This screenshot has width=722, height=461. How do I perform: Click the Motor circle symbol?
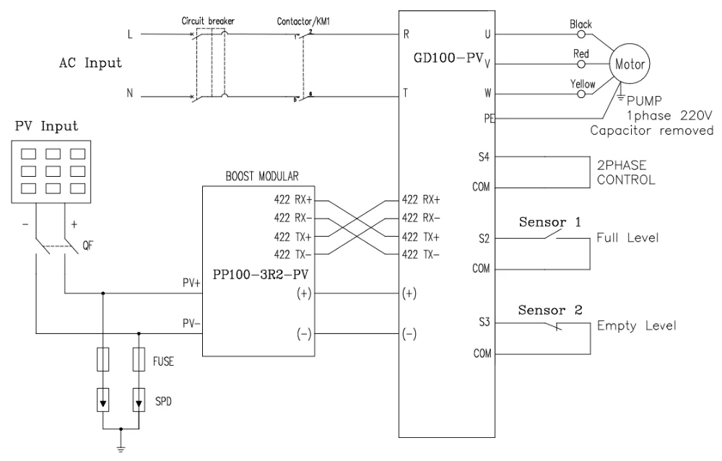[630, 63]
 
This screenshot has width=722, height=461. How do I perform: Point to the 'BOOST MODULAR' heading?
[258, 175]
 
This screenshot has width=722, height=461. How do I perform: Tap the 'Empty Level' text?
[636, 325]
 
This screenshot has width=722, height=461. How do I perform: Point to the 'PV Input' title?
[45, 128]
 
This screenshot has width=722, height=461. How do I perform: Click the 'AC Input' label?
[90, 63]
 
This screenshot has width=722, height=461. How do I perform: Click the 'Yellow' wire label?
[583, 84]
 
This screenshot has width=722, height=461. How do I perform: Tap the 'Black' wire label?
[580, 25]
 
